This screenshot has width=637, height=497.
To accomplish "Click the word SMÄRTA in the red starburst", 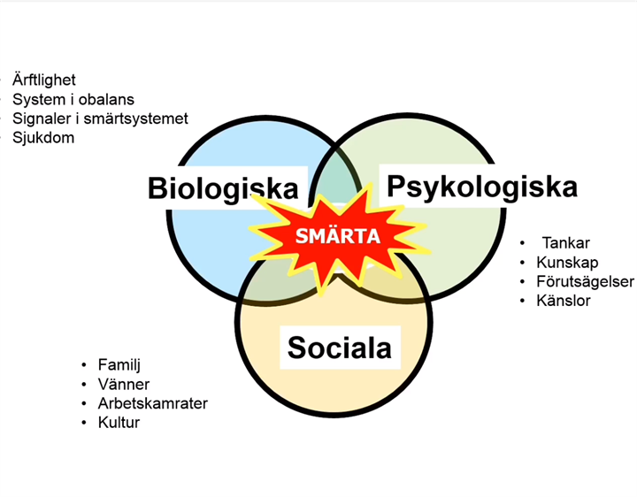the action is tap(338, 235).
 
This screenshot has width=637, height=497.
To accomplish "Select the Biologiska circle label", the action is tap(223, 188).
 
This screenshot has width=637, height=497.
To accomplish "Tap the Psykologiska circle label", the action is tap(482, 187).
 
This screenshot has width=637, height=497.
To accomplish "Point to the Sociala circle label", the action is tap(339, 348).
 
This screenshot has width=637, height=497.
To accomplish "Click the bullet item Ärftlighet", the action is tap(44, 80).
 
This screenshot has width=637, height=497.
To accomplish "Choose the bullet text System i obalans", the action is tap(73, 99).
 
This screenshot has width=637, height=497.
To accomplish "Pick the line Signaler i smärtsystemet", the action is tap(100, 119).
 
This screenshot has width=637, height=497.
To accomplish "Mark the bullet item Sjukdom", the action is tap(43, 138).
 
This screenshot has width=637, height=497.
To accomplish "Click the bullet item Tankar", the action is tap(566, 243).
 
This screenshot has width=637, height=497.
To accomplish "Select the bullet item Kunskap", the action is tap(567, 263).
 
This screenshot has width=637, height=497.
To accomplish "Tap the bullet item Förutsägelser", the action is tap(585, 281).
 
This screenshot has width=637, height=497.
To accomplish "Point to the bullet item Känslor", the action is tap(564, 301).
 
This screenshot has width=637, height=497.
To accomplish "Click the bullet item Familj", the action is tap(119, 364).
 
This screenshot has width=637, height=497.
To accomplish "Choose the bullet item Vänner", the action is tap(124, 384).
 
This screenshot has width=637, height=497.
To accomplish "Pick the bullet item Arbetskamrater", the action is tap(153, 403).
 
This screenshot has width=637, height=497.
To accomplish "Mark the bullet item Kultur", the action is tap(119, 423).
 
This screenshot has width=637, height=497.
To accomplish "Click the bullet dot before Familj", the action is tap(84, 365).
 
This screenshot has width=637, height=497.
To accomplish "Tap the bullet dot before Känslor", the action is tap(523, 301).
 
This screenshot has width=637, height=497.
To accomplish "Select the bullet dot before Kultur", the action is tap(84, 423).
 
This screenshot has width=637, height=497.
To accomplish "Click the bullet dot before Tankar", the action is tap(523, 243).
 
